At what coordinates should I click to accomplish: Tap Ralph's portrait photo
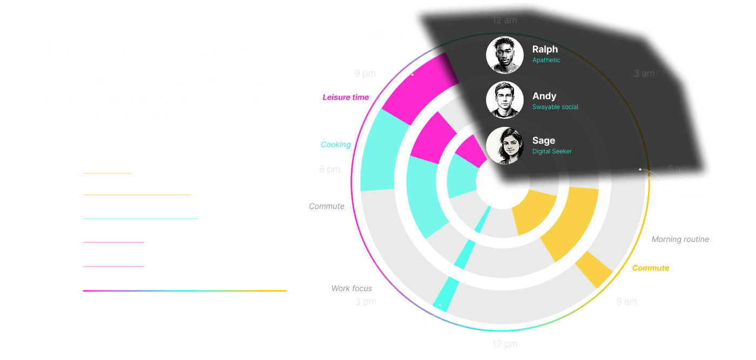tap(505, 55)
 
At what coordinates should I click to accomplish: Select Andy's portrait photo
tap(505, 100)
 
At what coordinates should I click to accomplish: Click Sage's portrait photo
tap(505, 146)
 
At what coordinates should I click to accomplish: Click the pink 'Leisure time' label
tap(346, 98)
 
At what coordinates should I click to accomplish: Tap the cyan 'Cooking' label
tap(335, 145)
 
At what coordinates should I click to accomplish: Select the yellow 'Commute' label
tap(650, 268)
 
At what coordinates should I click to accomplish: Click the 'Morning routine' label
tap(680, 239)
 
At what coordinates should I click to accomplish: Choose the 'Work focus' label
tap(352, 288)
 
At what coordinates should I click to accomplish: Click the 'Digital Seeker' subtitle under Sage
tap(552, 152)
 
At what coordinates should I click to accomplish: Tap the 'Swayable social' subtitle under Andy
tap(555, 107)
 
